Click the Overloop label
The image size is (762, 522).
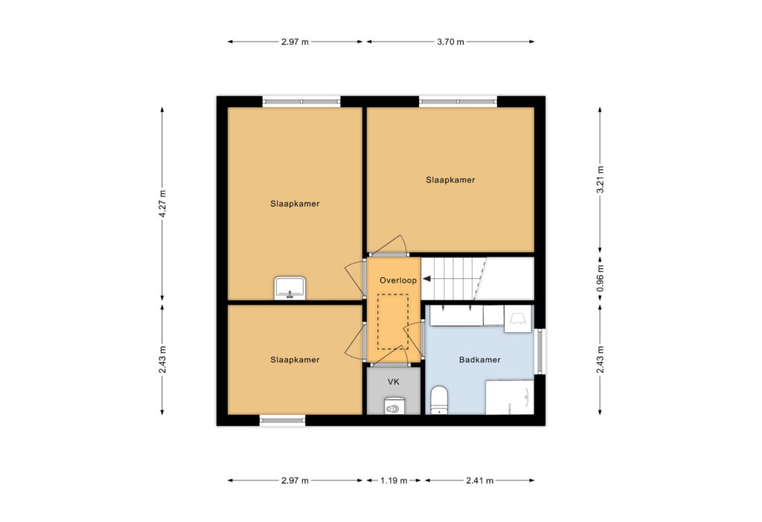click(x=398, y=280)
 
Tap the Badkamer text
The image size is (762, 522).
click(x=480, y=360)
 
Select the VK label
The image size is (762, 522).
click(x=393, y=382)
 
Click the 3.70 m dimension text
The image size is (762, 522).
click(x=450, y=42)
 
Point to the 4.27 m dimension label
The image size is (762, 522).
click(x=162, y=204)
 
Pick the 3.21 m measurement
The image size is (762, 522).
click(x=601, y=180)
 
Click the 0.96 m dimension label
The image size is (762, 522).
click(x=601, y=278)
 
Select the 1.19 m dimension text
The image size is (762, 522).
click(x=394, y=480)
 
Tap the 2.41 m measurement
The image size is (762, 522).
click(x=480, y=480)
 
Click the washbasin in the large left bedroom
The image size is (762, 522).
click(x=290, y=288)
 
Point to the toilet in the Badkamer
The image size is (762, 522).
click(x=439, y=400)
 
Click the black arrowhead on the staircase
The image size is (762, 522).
click(x=426, y=279)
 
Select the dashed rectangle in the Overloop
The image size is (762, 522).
click(x=393, y=321)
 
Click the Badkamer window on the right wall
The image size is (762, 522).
click(x=540, y=352)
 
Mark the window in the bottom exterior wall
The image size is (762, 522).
click(x=282, y=420)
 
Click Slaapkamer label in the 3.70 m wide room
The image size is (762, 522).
click(x=450, y=180)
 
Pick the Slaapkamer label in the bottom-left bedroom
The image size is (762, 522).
click(x=295, y=360)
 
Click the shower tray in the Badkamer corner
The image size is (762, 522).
click(x=510, y=397)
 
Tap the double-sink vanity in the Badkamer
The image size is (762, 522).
click(x=457, y=315)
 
